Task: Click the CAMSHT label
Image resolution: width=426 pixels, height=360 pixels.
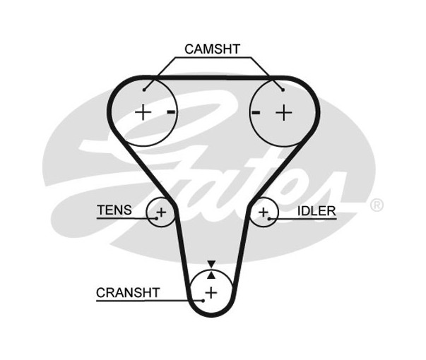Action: (x=212, y=49)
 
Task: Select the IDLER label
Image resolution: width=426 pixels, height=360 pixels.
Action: (x=316, y=210)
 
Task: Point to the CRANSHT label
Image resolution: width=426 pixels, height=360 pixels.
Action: (x=128, y=292)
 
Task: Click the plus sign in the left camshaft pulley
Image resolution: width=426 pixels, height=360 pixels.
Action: (x=143, y=112)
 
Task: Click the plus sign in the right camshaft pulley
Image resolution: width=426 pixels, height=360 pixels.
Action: (x=283, y=112)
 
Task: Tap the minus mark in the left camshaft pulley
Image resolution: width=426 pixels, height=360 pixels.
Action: (x=170, y=112)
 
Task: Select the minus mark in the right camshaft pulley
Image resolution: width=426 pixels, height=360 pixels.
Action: (x=256, y=112)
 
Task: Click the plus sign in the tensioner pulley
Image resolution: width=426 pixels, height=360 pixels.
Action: (x=161, y=212)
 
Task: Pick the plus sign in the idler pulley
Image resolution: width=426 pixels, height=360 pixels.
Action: (x=264, y=211)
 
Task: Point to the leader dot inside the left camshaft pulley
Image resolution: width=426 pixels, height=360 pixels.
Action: (x=144, y=90)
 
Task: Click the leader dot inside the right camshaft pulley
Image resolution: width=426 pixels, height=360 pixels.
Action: (x=283, y=90)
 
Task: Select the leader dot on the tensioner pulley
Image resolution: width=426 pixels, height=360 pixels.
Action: (x=153, y=218)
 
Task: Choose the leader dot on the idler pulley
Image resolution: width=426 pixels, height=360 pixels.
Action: (x=272, y=218)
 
